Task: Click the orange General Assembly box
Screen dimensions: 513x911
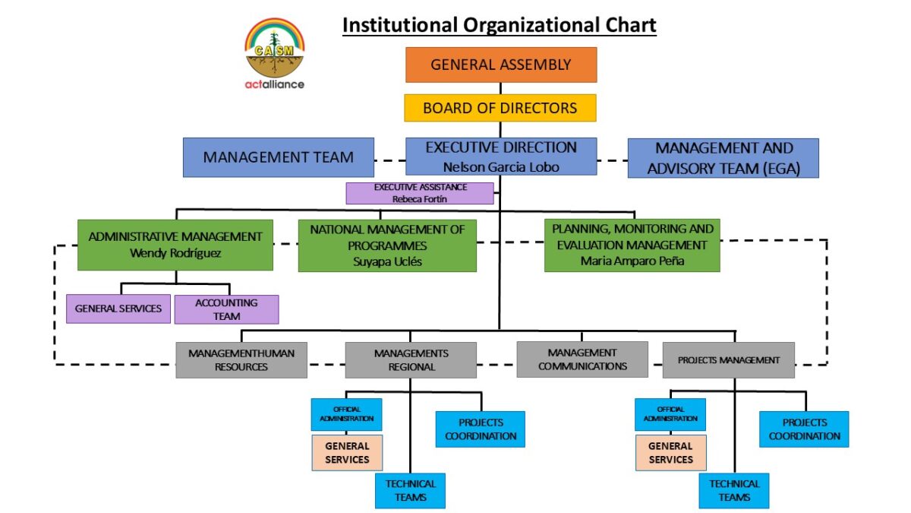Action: (500, 65)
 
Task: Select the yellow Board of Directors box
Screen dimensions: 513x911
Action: (500, 108)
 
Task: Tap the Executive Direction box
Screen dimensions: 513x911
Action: (500, 156)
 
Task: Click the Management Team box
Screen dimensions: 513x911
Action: (278, 157)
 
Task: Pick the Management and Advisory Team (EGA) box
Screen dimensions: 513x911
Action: (723, 158)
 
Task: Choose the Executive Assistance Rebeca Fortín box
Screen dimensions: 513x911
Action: (420, 193)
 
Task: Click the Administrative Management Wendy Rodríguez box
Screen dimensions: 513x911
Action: (175, 245)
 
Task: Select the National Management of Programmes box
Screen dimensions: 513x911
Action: (387, 245)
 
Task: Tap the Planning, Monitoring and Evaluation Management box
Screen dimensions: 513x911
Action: (632, 245)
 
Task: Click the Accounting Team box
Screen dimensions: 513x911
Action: (226, 309)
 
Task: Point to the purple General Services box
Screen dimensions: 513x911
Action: (118, 309)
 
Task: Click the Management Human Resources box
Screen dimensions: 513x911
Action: (241, 360)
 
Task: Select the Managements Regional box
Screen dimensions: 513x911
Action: (411, 360)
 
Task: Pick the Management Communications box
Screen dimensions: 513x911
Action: (582, 359)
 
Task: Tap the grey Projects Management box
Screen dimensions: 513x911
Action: (728, 360)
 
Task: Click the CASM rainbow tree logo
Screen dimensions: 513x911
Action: (274, 46)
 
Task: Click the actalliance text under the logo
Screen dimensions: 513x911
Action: (274, 84)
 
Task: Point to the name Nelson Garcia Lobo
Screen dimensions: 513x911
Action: (500, 166)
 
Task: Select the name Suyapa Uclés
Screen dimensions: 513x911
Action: (387, 261)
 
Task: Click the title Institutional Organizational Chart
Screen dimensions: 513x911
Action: (499, 25)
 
